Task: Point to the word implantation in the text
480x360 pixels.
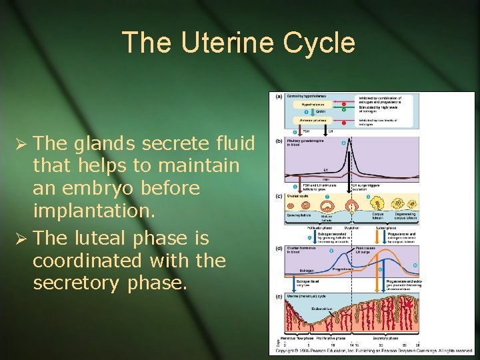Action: click(84, 211)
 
